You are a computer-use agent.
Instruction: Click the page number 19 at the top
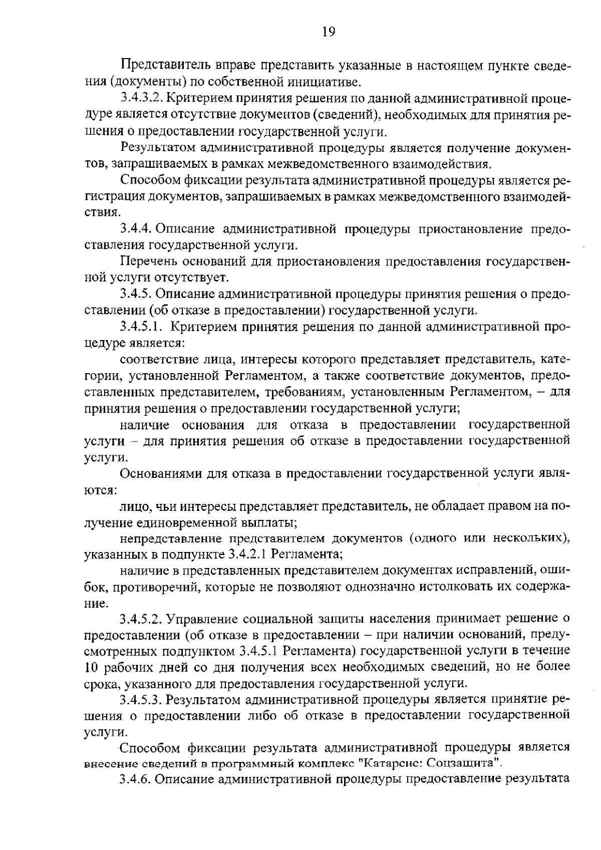pos(328,32)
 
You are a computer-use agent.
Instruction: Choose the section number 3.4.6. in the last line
pos(136,779)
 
